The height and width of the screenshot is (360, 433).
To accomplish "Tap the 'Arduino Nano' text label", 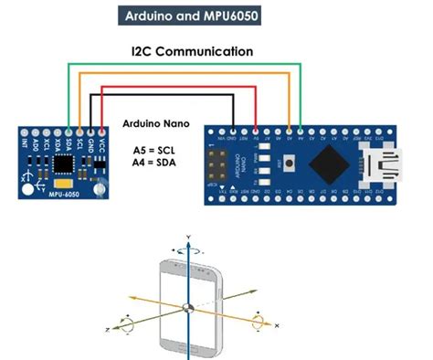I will pos(155,122).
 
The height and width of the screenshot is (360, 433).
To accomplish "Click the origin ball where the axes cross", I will pos(186,308).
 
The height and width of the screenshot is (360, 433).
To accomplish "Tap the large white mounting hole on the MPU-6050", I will pos(28,188).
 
